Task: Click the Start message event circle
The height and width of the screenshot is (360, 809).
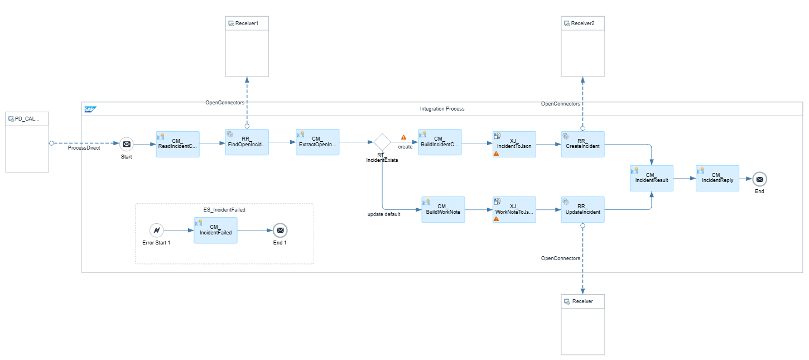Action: click(x=127, y=144)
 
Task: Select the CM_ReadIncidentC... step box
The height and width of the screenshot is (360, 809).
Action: click(x=177, y=144)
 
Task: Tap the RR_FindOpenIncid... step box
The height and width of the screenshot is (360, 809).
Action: click(x=247, y=142)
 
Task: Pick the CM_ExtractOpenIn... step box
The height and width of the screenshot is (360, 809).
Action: click(x=317, y=142)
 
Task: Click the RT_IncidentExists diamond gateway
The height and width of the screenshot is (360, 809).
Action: click(x=382, y=142)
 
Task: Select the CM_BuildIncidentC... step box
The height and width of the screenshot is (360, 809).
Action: click(x=440, y=142)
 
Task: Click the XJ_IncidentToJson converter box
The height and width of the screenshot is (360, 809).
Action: click(x=514, y=144)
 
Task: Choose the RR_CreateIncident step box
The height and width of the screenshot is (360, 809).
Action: click(x=582, y=144)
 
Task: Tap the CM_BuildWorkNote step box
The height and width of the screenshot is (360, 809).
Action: click(x=443, y=210)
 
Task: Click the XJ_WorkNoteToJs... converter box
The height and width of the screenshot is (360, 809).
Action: click(x=514, y=210)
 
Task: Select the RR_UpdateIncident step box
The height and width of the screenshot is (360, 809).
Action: click(x=582, y=210)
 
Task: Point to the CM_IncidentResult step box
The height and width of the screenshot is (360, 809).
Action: click(x=652, y=178)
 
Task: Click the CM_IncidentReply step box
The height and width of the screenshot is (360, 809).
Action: click(x=717, y=178)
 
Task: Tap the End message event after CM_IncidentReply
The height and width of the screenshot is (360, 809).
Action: click(x=759, y=179)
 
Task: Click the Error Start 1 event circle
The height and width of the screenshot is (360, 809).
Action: click(x=156, y=231)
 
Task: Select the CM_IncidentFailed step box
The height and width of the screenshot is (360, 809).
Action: click(x=215, y=231)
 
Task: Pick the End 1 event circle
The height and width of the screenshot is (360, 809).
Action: click(x=280, y=231)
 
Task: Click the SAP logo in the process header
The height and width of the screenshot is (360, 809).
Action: click(x=90, y=109)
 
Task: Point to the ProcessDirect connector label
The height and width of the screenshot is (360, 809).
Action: click(x=84, y=148)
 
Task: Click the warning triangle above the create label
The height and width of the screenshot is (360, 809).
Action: click(x=403, y=137)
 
